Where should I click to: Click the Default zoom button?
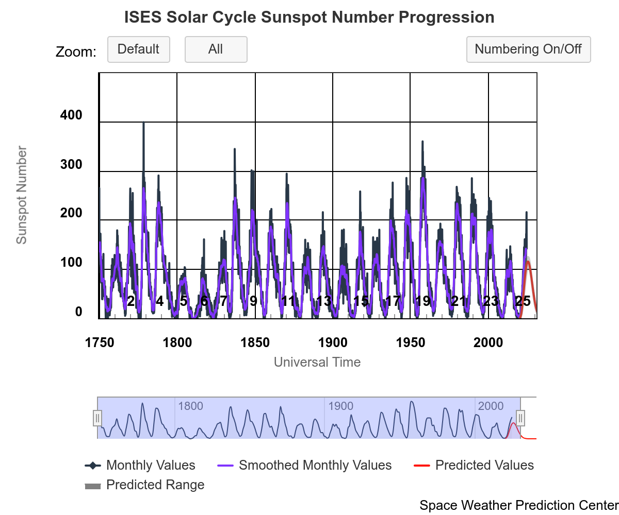pyautogui.click(x=138, y=49)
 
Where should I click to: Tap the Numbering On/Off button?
pyautogui.click(x=528, y=49)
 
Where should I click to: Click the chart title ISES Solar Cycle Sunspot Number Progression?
pyautogui.click(x=309, y=18)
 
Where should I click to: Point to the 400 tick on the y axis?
pyautogui.click(x=71, y=115)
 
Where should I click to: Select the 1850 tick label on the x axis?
pyautogui.click(x=255, y=343)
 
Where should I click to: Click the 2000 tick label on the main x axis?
pyautogui.click(x=488, y=343)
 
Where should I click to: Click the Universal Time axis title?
pyautogui.click(x=317, y=362)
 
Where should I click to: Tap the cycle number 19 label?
pyautogui.click(x=423, y=301)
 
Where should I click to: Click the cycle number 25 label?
pyautogui.click(x=523, y=301)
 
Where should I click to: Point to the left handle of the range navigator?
pyautogui.click(x=97, y=418)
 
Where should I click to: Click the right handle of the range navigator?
pyautogui.click(x=520, y=418)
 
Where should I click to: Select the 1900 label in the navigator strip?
pyautogui.click(x=340, y=406)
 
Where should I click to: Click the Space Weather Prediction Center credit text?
pyautogui.click(x=518, y=505)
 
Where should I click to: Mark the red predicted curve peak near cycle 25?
pyautogui.click(x=528, y=262)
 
